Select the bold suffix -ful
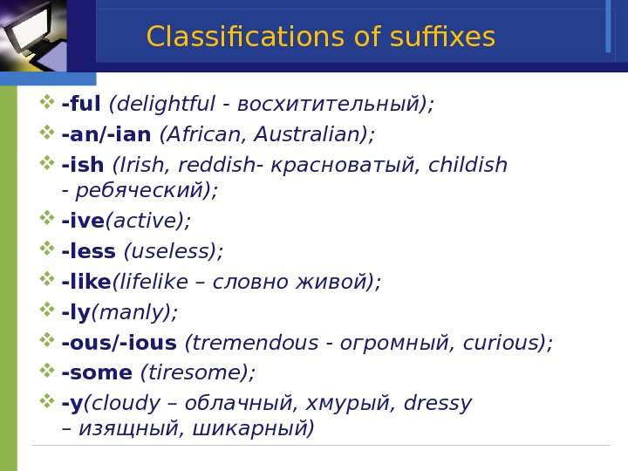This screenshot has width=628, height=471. pos(81,105)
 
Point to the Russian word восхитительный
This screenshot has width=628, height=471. pos(331,105)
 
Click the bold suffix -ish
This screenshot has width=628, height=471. pos(83,165)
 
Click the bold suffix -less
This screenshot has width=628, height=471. pos(88,252)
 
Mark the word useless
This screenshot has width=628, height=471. pos(172,252)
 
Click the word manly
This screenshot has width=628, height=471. pos(133,313)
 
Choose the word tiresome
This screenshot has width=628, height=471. pos(196,373)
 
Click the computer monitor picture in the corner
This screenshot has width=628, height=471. pos(32,35)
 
